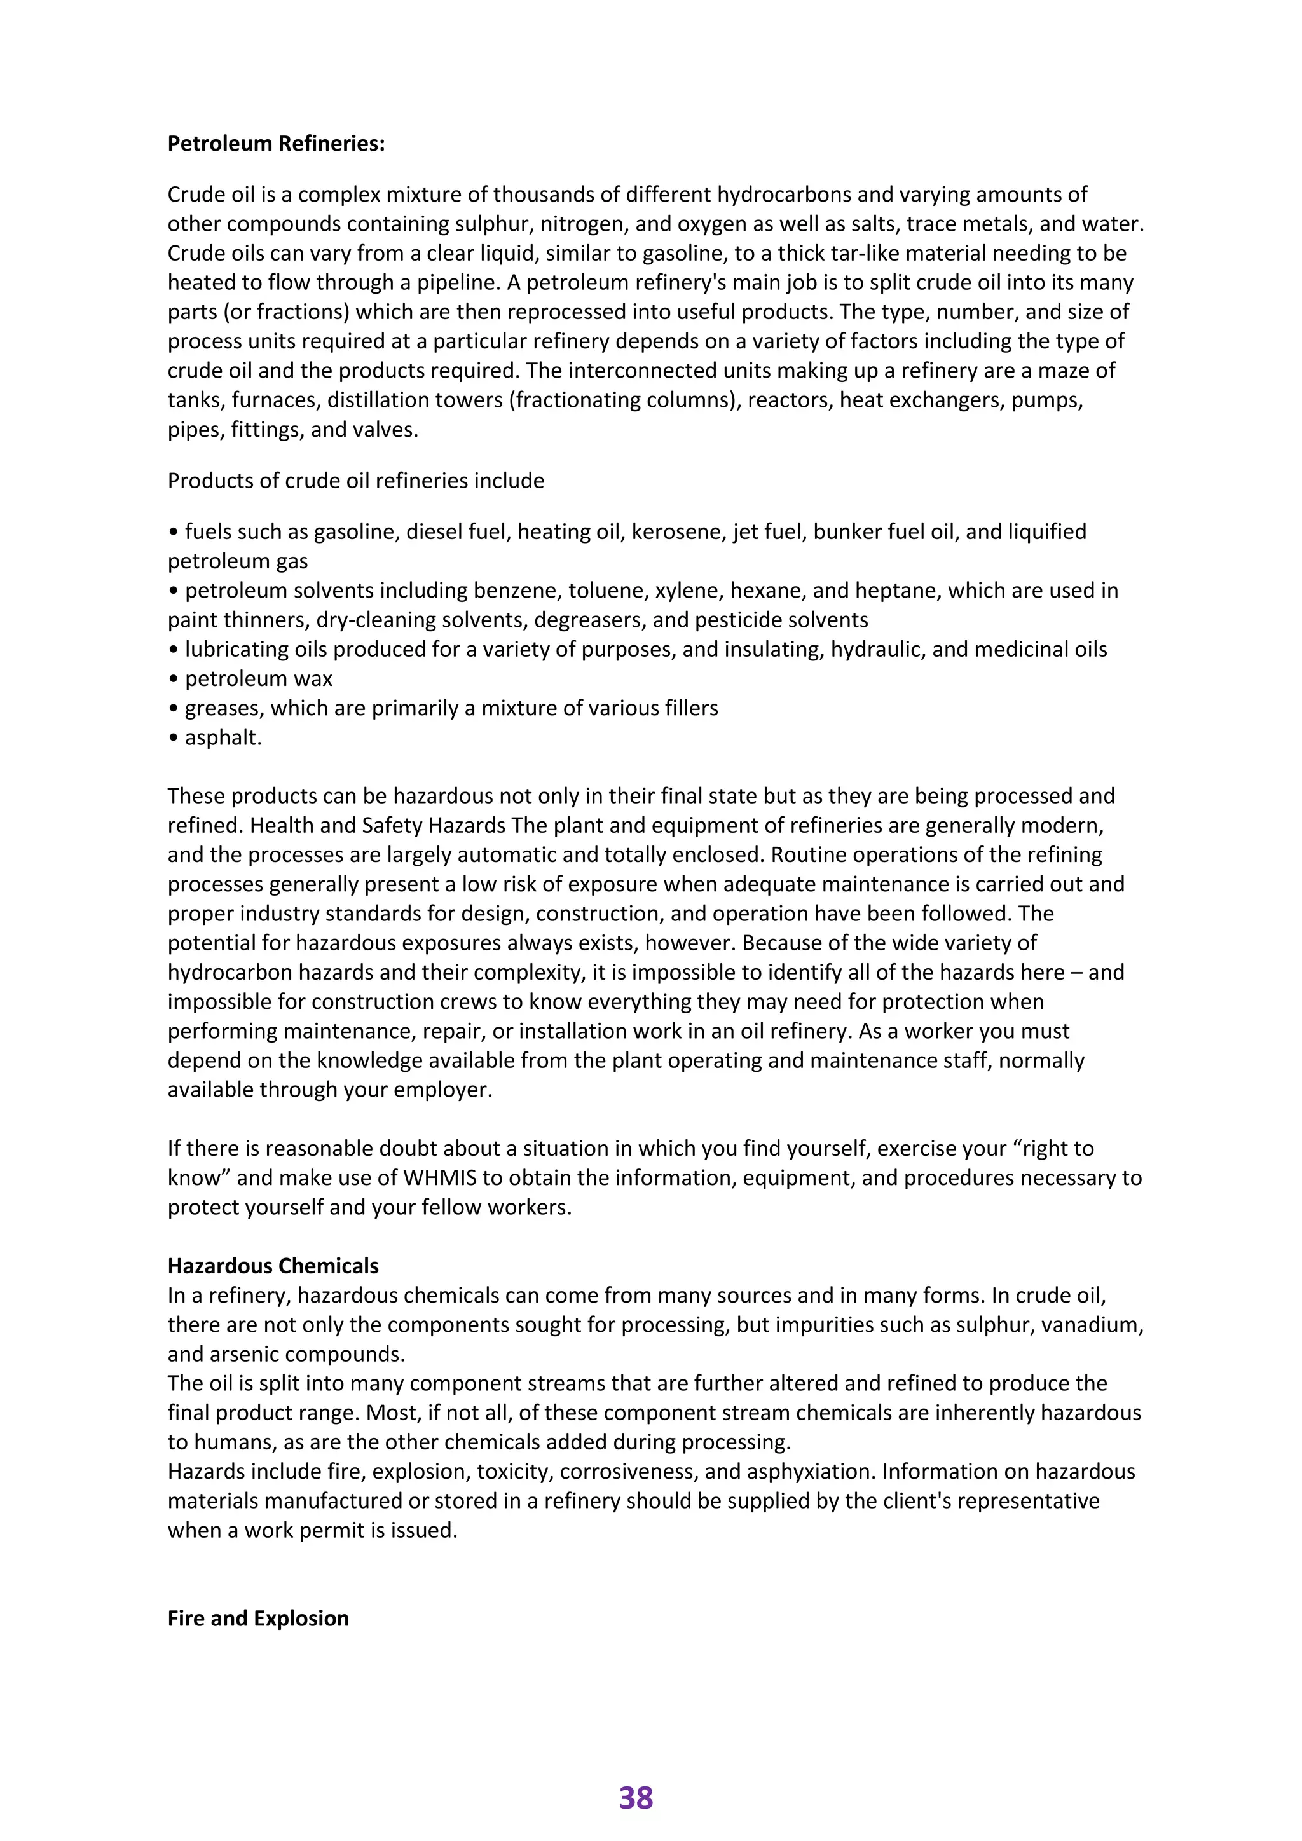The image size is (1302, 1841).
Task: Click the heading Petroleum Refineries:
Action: point(276,144)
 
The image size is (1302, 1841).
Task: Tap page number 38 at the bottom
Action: point(636,1798)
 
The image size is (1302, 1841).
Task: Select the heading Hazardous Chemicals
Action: point(273,1265)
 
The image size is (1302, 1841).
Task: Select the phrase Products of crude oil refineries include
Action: point(355,481)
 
